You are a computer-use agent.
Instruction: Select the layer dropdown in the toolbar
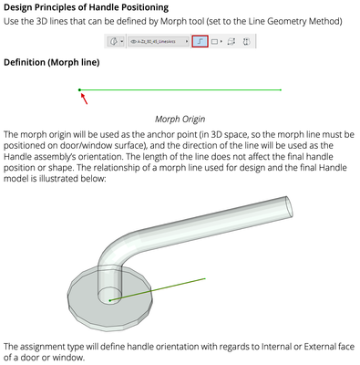coord(157,42)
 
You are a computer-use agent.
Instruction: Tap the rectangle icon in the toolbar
coord(215,42)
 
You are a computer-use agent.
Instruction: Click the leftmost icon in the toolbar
coord(116,42)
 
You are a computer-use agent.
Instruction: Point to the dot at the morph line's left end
coord(80,89)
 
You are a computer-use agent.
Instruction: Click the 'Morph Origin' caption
coord(181,119)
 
